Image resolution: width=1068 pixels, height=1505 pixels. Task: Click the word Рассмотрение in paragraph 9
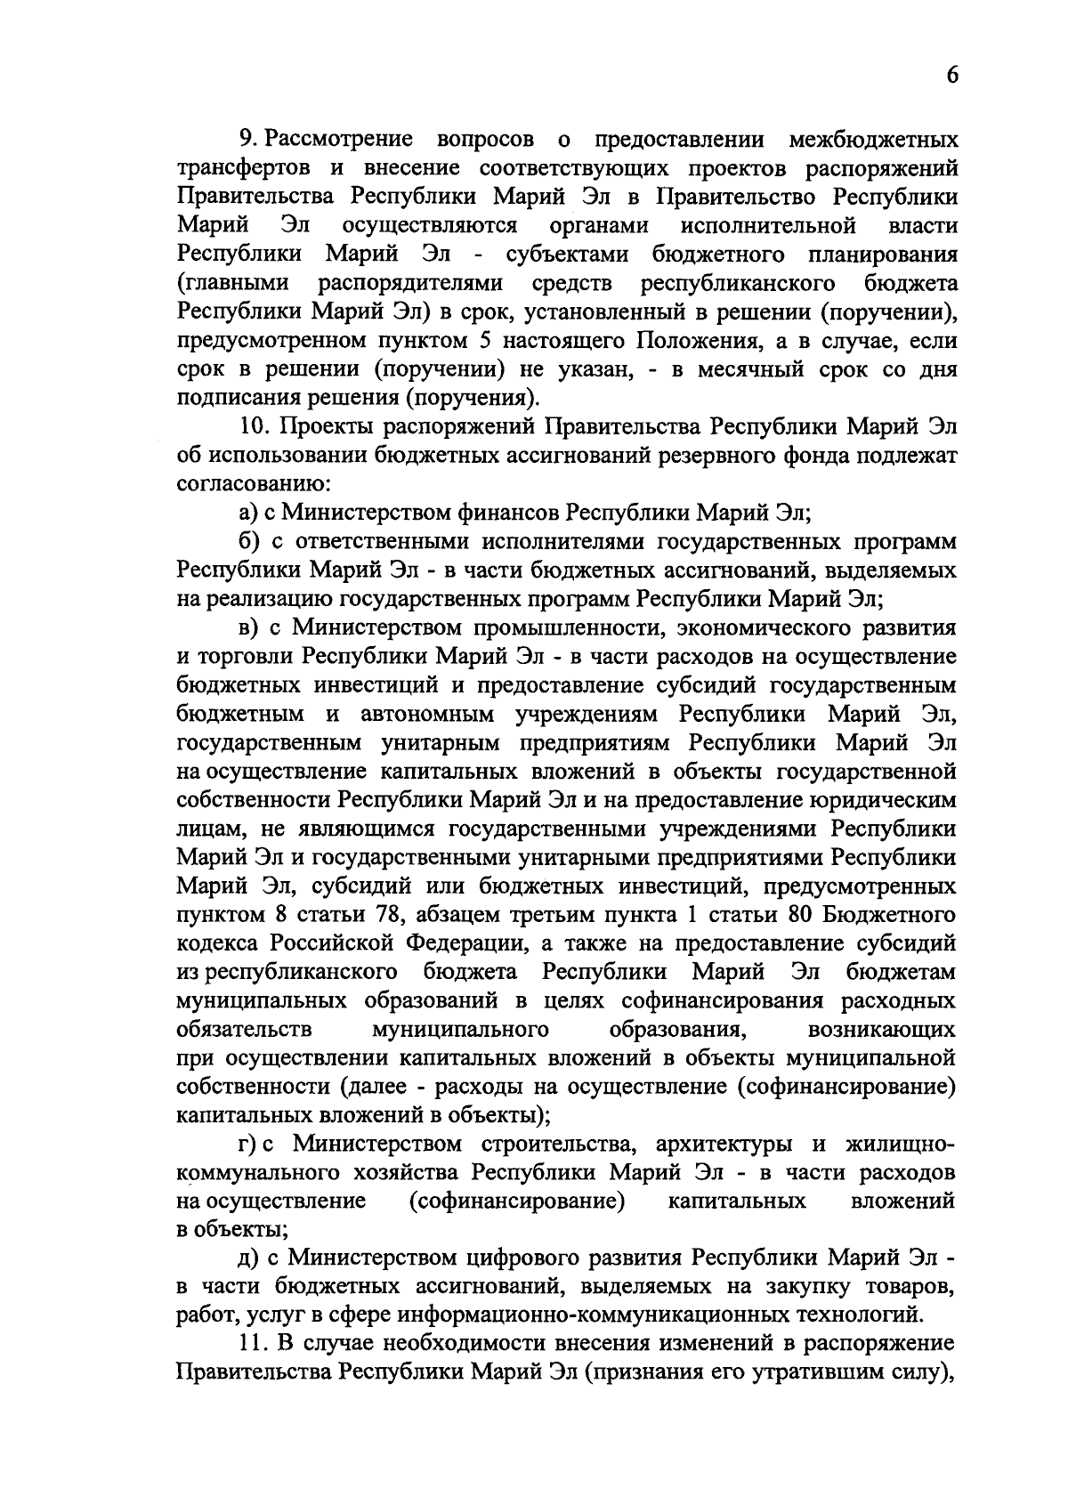pyautogui.click(x=339, y=140)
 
